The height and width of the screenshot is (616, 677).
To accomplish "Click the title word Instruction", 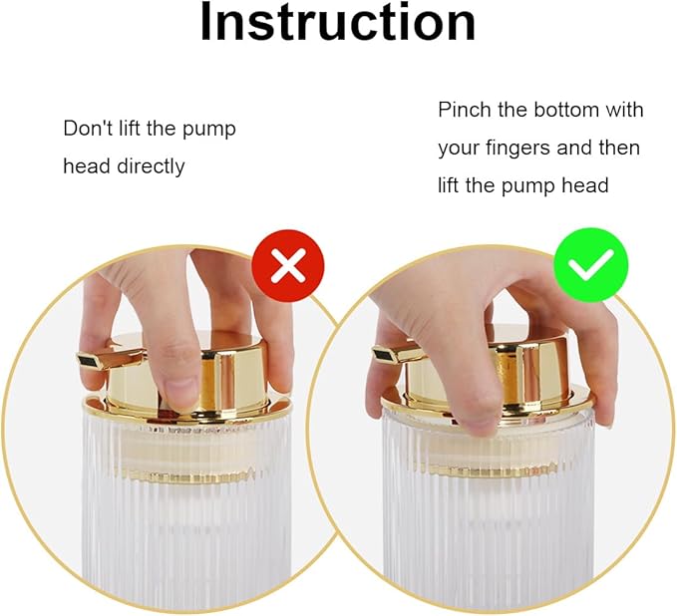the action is pyautogui.click(x=338, y=22).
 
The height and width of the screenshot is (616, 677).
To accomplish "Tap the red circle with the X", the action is pyautogui.click(x=288, y=265).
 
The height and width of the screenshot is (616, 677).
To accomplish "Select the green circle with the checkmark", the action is pyautogui.click(x=591, y=265).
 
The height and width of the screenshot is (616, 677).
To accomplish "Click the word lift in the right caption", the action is pyautogui.click(x=448, y=185).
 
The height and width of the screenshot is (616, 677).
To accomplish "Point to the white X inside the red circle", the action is pyautogui.click(x=288, y=265).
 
